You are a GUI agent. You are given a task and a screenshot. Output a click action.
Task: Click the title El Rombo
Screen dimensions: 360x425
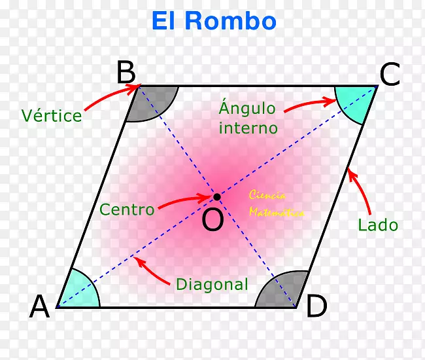coord(214,21)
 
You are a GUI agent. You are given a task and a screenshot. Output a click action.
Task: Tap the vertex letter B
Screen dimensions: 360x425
coord(126,73)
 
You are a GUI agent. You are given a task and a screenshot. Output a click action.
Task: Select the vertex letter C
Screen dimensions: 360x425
coord(390,76)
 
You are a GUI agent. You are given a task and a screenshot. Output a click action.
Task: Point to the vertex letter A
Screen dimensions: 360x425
coord(40,306)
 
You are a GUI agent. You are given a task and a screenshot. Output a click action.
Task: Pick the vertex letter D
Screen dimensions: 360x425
coord(316,306)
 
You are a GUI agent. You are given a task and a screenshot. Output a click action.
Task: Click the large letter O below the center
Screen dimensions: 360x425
coord(212,221)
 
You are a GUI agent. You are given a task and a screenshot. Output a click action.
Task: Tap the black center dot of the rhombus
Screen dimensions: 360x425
coord(216,196)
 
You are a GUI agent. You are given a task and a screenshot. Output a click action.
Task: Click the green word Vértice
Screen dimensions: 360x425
coord(51,116)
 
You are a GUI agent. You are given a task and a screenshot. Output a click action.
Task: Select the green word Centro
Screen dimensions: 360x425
coord(127,210)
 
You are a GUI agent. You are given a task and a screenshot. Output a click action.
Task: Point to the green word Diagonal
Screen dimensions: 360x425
coord(212,285)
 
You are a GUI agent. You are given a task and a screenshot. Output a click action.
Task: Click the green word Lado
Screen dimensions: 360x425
coord(377,226)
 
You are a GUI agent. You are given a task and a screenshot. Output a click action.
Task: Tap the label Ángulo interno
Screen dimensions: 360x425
coord(248,118)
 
